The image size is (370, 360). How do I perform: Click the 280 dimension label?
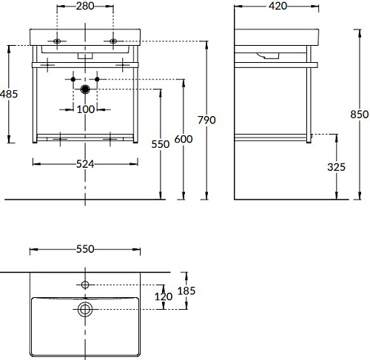(85, 6)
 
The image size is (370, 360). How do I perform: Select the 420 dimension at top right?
(277, 6)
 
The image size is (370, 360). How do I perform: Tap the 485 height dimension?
(9, 94)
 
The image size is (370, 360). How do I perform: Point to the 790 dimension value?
(206, 120)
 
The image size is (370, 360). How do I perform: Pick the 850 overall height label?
(360, 115)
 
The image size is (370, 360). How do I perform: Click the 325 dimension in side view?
(336, 167)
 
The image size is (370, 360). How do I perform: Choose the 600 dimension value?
(184, 139)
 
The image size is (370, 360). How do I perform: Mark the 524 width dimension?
(85, 164)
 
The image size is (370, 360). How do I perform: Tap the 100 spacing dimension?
(86, 109)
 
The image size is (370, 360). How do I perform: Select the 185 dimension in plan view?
(186, 291)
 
